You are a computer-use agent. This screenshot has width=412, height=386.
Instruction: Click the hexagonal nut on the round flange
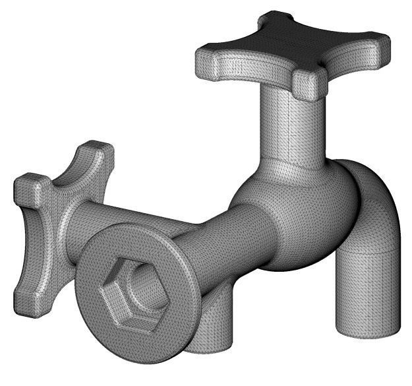click(x=132, y=290)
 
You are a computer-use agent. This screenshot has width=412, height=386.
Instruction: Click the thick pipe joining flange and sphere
click(x=224, y=244)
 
